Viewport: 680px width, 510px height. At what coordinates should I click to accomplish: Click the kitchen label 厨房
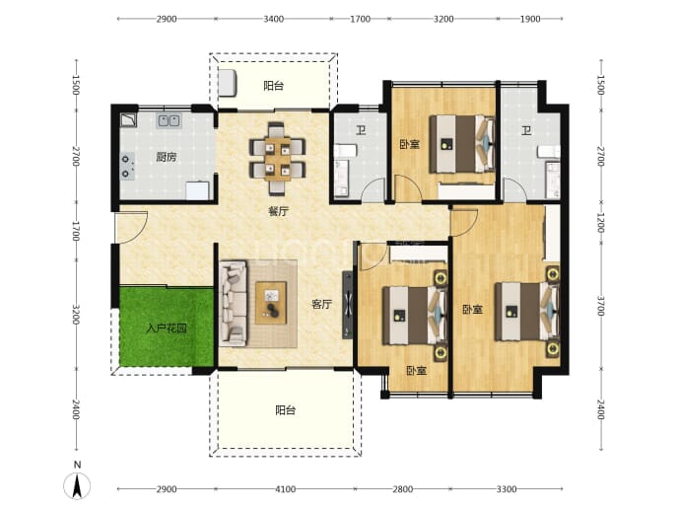coord(167,157)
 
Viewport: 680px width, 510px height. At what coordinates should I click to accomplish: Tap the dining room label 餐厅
coord(278,212)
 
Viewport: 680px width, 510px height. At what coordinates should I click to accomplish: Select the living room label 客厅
coord(322,304)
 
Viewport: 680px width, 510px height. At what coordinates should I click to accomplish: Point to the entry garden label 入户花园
coord(167,328)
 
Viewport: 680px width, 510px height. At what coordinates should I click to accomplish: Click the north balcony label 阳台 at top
coord(274,86)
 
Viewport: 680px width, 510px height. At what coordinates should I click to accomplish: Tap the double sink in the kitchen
coord(169,120)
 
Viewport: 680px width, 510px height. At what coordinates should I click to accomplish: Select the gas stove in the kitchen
coord(126,167)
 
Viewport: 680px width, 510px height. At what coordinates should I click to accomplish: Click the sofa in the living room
coord(234,304)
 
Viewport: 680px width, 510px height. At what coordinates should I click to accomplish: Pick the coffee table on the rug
coord(271,303)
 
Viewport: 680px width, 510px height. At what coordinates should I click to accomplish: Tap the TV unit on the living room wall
coord(348,305)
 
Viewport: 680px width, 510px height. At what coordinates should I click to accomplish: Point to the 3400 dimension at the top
coord(274,19)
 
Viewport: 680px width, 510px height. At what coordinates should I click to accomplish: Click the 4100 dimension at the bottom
coord(286,489)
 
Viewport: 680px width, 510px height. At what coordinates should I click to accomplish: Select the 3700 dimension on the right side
coord(600,306)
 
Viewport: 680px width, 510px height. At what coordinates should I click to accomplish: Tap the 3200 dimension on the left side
coord(76,315)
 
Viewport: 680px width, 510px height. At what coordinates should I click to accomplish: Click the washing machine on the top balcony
coord(227,83)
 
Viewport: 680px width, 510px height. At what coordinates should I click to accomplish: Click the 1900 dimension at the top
coord(530,19)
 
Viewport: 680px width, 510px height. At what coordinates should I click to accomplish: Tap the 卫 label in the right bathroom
coord(526,130)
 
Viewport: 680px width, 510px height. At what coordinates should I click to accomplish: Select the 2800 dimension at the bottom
coord(402,489)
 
